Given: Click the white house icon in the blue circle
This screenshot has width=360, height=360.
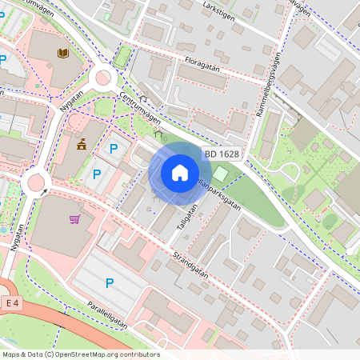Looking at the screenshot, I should pyautogui.click(x=179, y=172).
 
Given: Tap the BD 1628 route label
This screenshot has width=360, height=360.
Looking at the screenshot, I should pyautogui.click(x=221, y=154).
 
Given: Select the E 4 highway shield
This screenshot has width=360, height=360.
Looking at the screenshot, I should pyautogui.click(x=11, y=303).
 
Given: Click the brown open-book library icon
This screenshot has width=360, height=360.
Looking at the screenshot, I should pyautogui.click(x=62, y=54).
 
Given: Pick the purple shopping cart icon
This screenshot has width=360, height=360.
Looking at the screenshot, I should pyautogui.click(x=74, y=218).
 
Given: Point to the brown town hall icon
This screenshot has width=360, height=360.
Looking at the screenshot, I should pyautogui.click(x=81, y=144).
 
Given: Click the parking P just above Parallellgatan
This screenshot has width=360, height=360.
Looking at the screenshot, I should pyautogui.click(x=110, y=282).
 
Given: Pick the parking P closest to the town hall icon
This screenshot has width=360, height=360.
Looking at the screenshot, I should pyautogui.click(x=114, y=149).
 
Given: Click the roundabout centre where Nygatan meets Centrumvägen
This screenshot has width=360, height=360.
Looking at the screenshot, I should pyautogui.click(x=102, y=78).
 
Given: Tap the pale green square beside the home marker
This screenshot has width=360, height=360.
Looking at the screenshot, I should pyautogui.click(x=221, y=174).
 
